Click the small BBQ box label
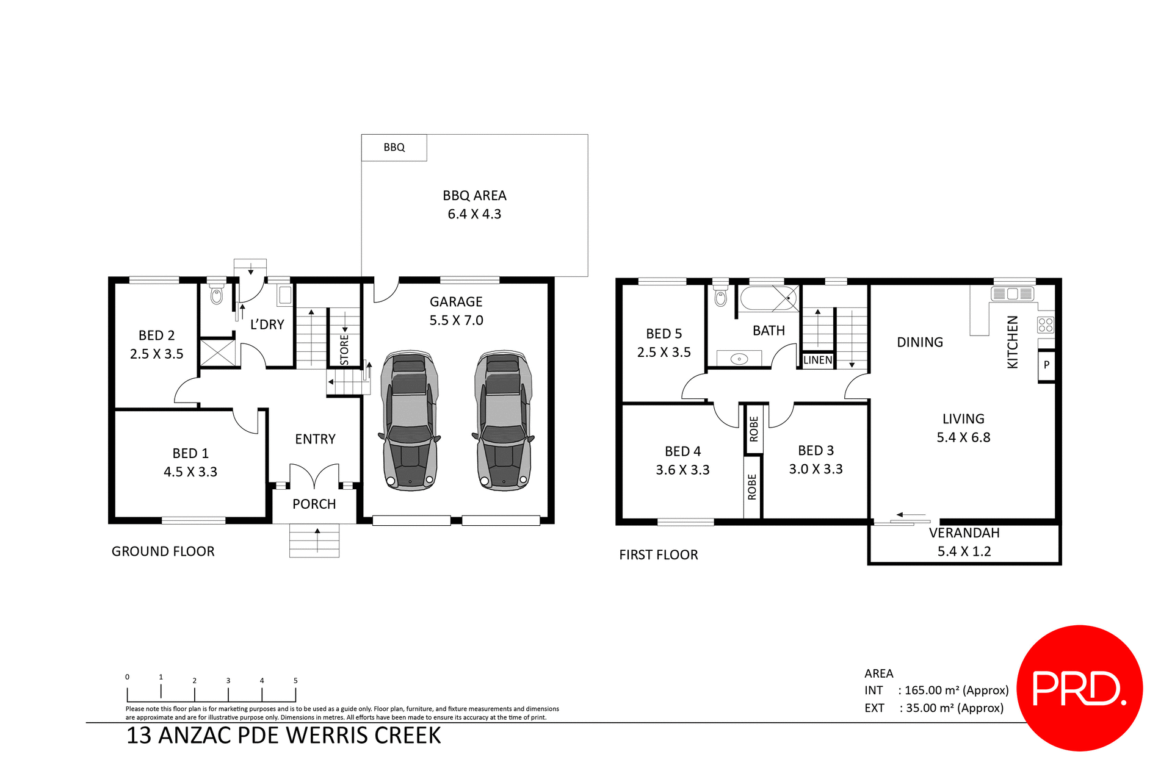point(394,148)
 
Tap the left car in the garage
point(409,421)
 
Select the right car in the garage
point(503,421)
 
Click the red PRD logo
point(1079,687)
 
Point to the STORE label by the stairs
point(344,350)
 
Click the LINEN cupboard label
point(817,361)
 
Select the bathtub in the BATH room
point(769,299)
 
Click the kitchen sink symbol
point(1013,293)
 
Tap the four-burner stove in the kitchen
point(1045,325)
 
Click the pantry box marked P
point(1046,365)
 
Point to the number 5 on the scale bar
point(295,681)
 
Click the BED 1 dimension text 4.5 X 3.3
point(190,472)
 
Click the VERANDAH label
point(964,533)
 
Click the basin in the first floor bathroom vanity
point(739,359)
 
